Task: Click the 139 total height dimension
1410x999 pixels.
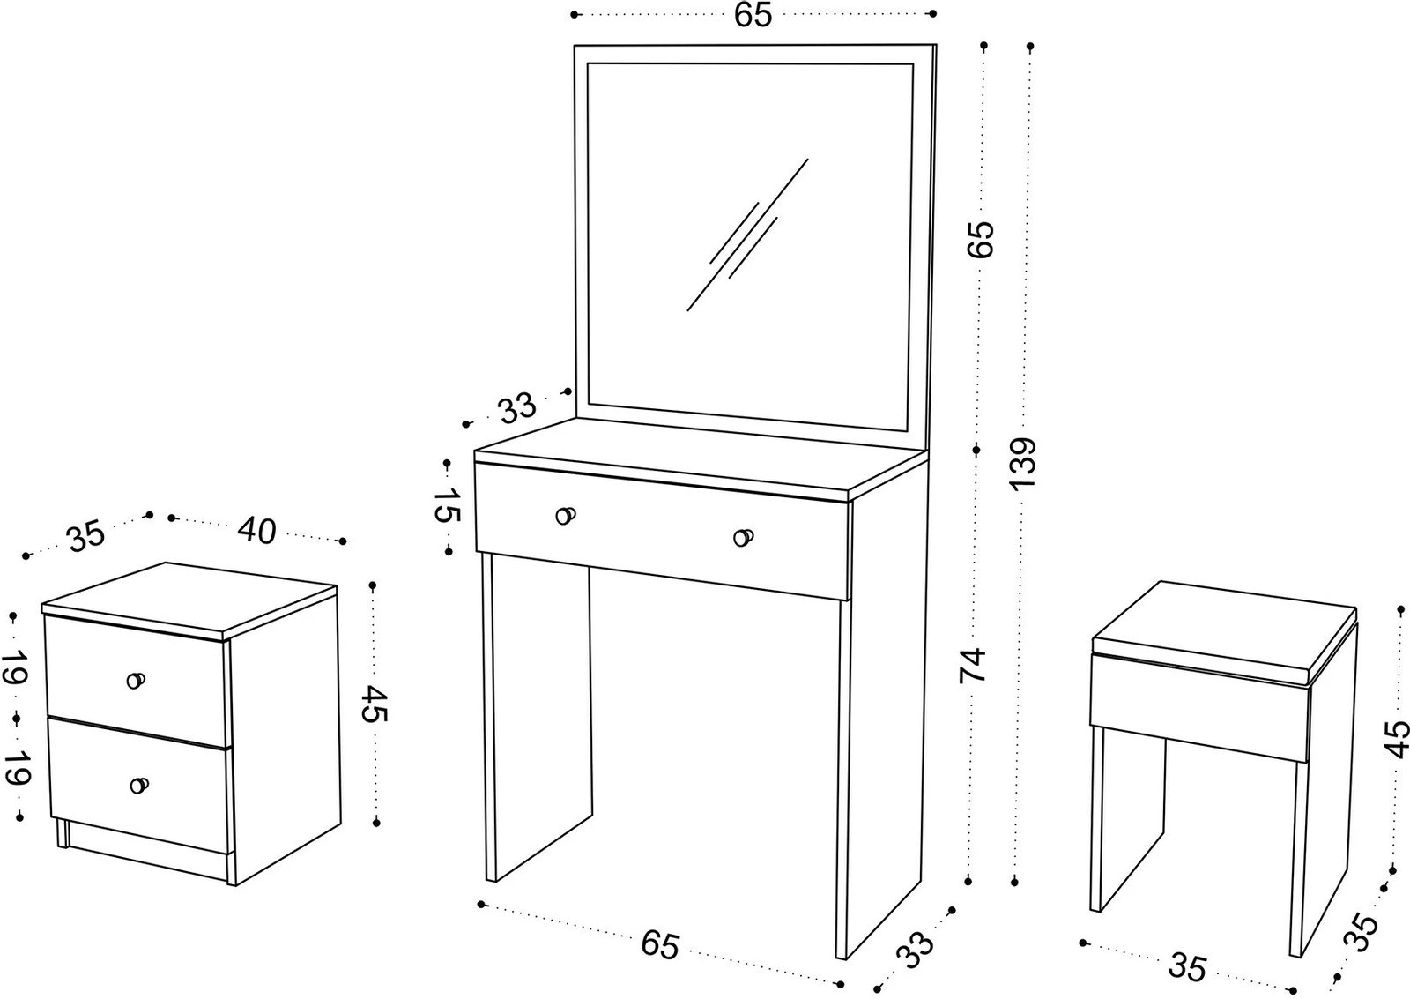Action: click(1025, 463)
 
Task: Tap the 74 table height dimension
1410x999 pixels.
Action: click(974, 666)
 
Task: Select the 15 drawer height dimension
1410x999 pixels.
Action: click(448, 505)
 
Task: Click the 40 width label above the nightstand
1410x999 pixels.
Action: click(256, 531)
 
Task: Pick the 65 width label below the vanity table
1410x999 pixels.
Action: click(660, 944)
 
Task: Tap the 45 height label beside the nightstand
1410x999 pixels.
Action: click(375, 704)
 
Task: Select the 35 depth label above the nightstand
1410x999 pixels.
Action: click(85, 536)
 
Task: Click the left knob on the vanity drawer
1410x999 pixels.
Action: click(565, 516)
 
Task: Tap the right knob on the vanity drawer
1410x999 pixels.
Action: click(744, 537)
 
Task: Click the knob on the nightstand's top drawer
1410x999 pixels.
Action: click(136, 680)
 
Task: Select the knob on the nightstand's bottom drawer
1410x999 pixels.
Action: click(138, 785)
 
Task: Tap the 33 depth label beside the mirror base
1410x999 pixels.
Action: click(517, 409)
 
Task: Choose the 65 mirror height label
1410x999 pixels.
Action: click(980, 238)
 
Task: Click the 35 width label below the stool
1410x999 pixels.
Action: click(1188, 966)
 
